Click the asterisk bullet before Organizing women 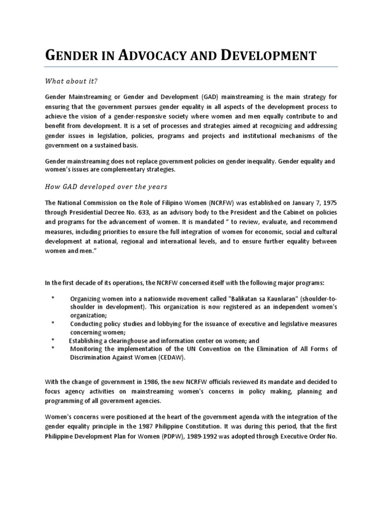(53, 297)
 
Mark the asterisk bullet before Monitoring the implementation (53, 349)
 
